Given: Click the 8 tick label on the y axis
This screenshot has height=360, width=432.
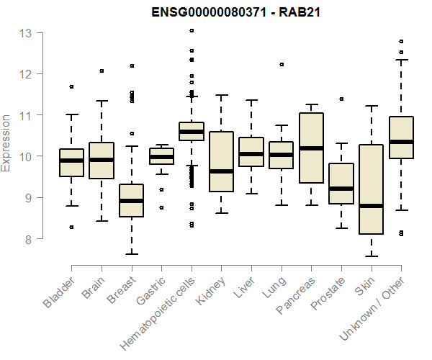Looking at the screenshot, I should (x=27, y=238).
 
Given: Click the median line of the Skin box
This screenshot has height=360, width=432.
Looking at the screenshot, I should (x=372, y=206).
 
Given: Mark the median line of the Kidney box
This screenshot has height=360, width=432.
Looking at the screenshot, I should (x=221, y=171).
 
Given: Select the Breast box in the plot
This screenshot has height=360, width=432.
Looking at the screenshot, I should (x=131, y=201).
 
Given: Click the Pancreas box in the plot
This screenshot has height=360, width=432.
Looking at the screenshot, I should (x=311, y=148).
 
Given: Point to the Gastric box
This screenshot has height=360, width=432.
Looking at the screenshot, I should (x=161, y=156).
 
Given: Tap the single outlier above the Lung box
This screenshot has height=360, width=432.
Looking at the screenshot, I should (x=282, y=64).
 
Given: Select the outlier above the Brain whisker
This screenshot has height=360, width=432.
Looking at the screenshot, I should (x=102, y=71).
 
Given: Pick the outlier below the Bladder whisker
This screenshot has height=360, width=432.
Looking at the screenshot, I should (x=71, y=227).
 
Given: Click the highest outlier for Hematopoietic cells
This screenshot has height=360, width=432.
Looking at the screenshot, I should (x=192, y=30).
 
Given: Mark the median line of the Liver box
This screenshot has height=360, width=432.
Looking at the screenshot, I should (x=251, y=153).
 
